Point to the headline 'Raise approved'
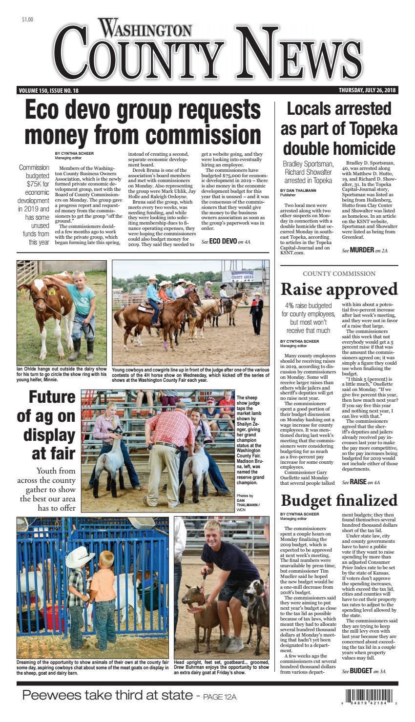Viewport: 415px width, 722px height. click(339, 289)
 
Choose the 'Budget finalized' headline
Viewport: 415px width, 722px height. click(339, 500)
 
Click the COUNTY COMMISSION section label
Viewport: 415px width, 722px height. click(339, 273)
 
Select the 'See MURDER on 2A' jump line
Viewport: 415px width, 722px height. click(364, 250)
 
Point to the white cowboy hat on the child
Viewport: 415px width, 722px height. click(80, 557)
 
